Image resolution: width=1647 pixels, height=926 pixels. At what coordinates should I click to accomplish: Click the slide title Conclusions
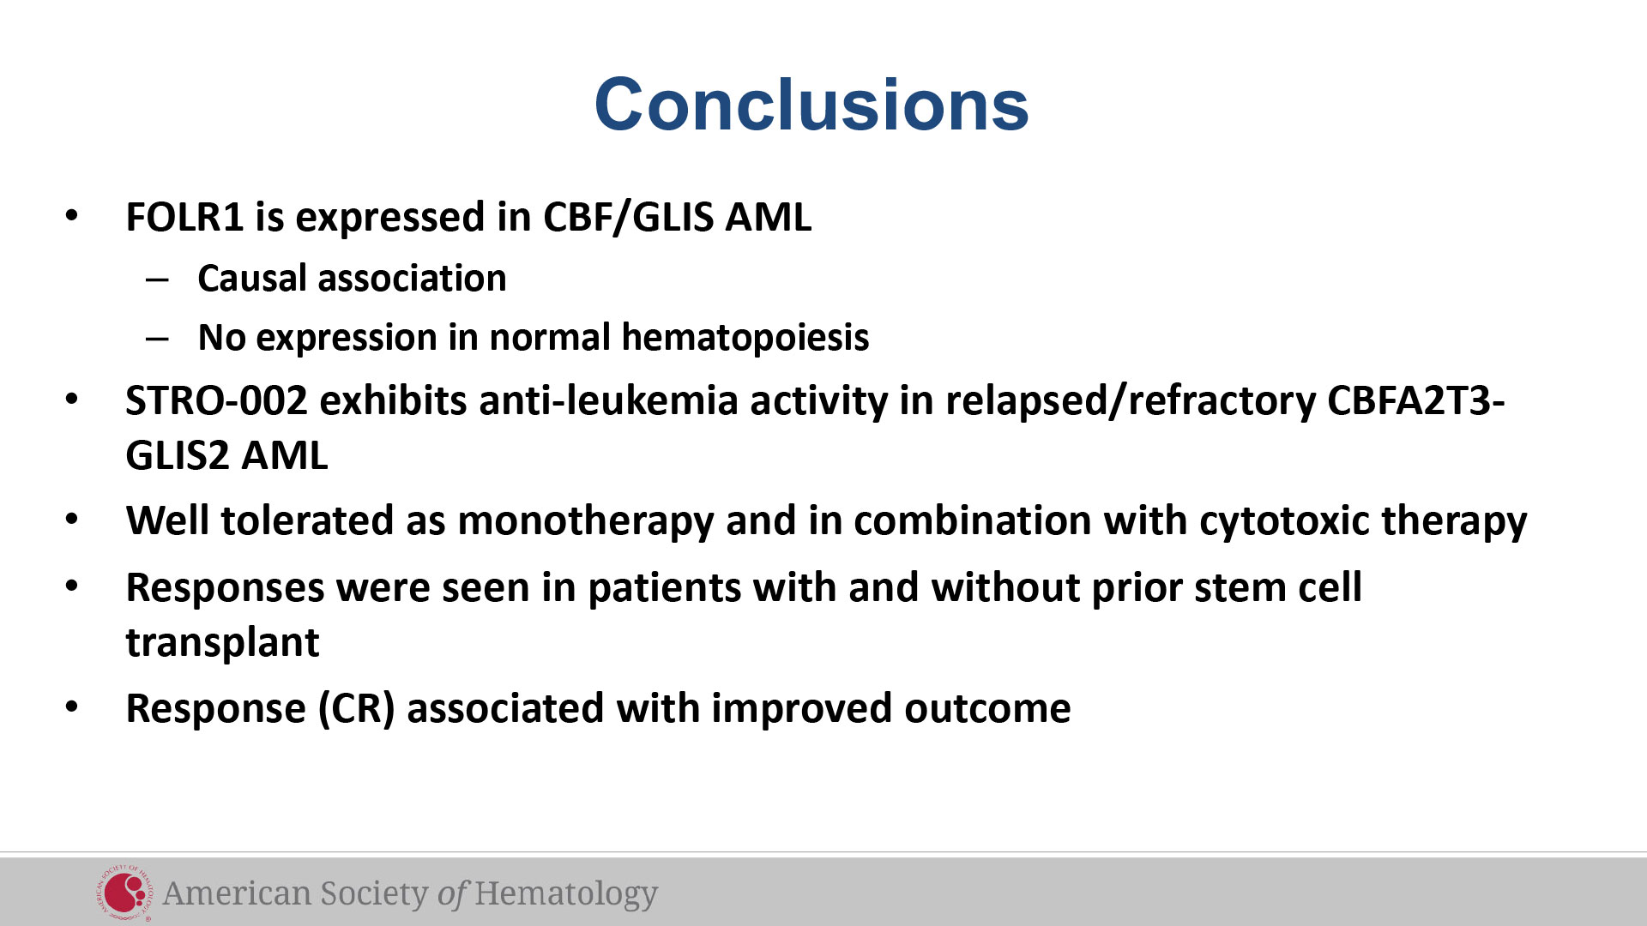click(811, 105)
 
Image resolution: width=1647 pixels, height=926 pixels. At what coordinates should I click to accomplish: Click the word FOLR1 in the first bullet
click(185, 217)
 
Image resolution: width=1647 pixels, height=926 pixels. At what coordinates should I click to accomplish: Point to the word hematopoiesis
click(745, 338)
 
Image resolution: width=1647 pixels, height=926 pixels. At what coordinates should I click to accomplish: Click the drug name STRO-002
click(216, 400)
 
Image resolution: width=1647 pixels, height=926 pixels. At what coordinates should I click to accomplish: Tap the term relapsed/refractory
click(1131, 401)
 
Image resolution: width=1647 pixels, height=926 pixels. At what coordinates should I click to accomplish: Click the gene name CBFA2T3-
click(1416, 400)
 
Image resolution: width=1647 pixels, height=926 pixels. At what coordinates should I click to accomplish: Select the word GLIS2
click(178, 455)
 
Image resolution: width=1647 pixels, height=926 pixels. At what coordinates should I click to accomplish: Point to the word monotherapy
click(586, 521)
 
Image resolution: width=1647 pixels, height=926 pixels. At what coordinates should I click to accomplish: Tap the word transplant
click(223, 643)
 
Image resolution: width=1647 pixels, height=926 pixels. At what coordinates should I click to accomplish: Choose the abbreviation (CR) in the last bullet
click(356, 709)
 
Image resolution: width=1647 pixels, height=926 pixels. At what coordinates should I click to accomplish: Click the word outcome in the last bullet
click(987, 709)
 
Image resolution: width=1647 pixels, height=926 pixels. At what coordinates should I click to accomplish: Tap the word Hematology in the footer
click(566, 894)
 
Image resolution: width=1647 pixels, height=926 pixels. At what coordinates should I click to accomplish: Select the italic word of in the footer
click(451, 893)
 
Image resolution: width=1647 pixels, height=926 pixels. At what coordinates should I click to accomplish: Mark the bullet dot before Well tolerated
click(72, 520)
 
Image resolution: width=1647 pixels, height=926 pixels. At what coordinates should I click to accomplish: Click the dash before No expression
click(158, 338)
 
